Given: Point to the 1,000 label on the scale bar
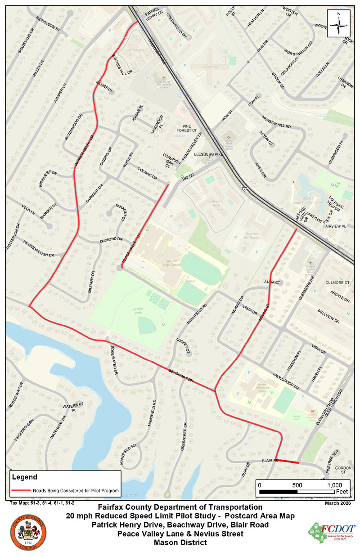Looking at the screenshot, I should pyautogui.click(x=334, y=485).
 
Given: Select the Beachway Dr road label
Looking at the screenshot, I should pyautogui.click(x=181, y=376).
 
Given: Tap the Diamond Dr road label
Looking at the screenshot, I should pyautogui.click(x=111, y=239).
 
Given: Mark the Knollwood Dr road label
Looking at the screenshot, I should pyautogui.click(x=286, y=381).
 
